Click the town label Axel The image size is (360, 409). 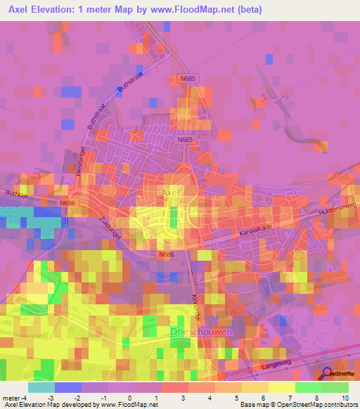tap(172, 191)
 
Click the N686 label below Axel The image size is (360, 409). tap(166, 254)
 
